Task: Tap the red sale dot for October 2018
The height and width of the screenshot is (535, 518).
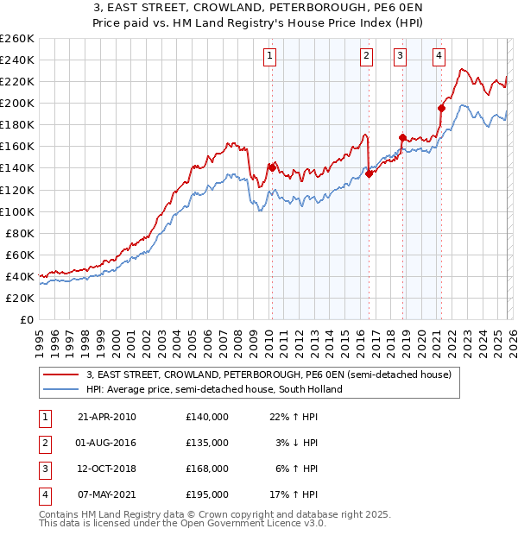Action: [402, 137]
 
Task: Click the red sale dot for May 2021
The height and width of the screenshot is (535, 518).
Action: [441, 108]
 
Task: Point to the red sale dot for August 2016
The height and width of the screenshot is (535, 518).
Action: [369, 173]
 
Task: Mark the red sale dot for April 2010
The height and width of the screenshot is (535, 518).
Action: [272, 167]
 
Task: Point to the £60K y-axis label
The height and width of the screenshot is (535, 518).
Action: [19, 255]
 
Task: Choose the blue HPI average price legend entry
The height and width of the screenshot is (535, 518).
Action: [214, 389]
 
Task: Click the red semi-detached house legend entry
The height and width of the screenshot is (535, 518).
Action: [268, 374]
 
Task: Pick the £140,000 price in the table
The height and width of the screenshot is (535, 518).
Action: [207, 417]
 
